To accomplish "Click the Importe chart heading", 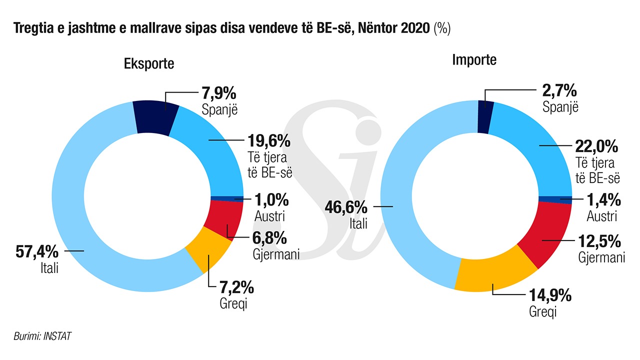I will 474,60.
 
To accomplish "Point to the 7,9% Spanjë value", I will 218,93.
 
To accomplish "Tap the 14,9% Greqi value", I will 550,295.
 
